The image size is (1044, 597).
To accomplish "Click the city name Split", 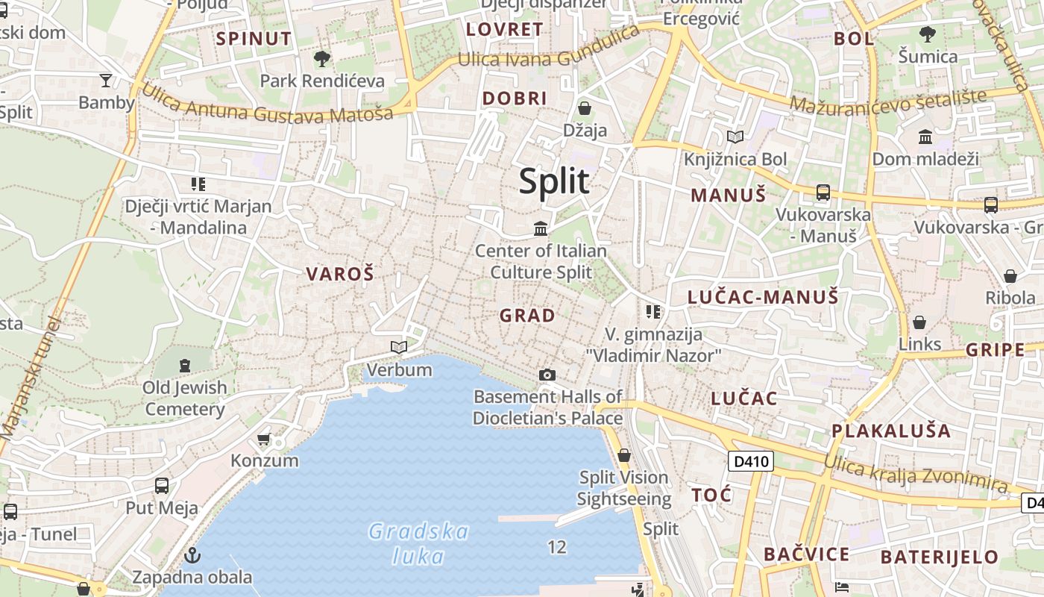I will (554, 181).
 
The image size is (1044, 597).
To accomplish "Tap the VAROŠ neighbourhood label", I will (339, 274).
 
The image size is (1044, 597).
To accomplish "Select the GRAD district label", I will (527, 315).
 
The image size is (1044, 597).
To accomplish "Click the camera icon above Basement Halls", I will (547, 375).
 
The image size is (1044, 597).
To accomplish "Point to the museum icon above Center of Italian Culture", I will (541, 228).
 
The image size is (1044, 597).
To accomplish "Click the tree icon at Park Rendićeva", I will (322, 58).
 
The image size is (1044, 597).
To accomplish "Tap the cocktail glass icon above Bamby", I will (106, 80).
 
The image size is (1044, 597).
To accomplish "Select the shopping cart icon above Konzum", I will (263, 439).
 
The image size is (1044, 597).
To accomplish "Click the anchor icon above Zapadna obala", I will (192, 555).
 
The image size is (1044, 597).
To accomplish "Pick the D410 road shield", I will (751, 461).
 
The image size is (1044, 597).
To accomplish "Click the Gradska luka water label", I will (418, 543).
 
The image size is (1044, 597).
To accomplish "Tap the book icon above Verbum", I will (399, 347).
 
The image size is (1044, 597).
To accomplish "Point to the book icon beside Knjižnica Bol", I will (735, 137).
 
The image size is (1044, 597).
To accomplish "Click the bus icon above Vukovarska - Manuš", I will (823, 193).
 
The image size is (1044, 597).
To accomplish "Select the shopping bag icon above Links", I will (919, 322).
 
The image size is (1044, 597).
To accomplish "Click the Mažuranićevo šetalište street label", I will (888, 102).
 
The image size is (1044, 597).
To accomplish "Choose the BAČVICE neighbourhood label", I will (806, 554).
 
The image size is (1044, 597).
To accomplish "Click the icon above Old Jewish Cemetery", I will (185, 366).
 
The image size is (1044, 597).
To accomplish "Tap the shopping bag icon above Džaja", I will (585, 108).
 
